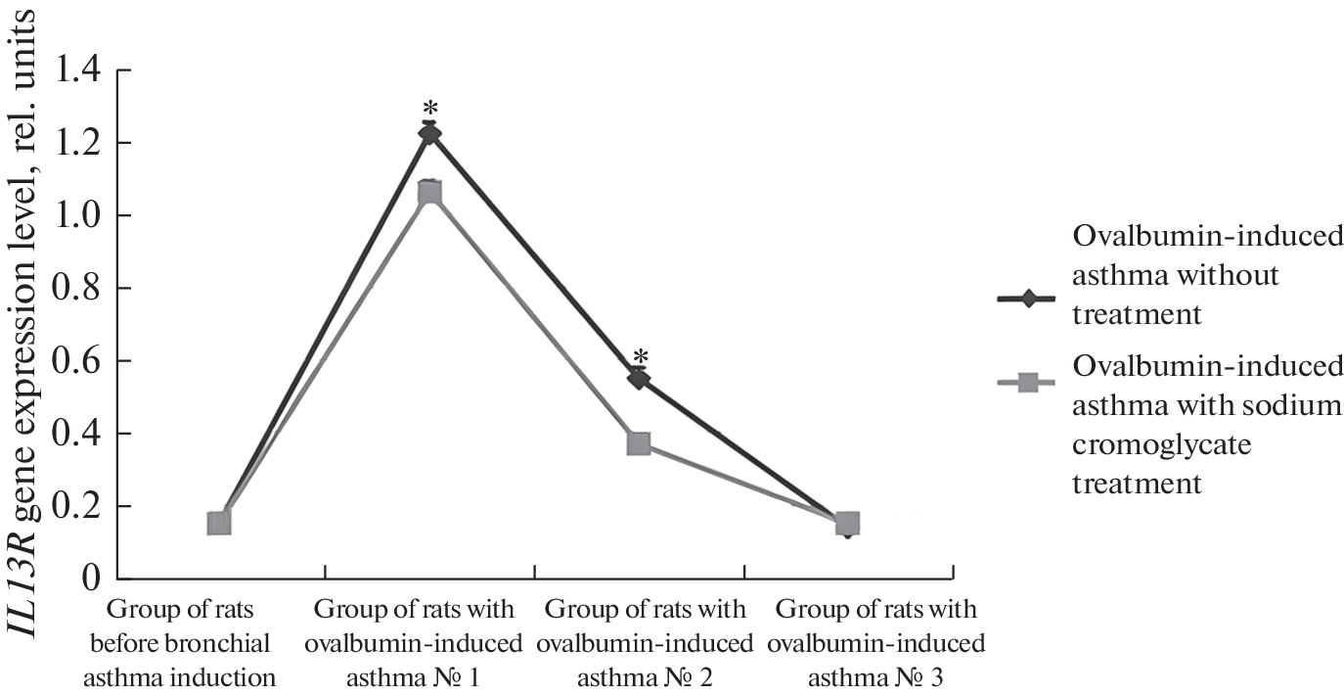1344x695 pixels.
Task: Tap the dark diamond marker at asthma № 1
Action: click(x=429, y=133)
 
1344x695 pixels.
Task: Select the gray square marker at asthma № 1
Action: click(x=429, y=193)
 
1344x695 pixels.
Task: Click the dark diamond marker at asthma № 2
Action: click(x=639, y=378)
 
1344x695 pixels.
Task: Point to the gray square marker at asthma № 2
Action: click(x=639, y=444)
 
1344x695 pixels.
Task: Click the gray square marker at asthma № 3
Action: click(x=848, y=523)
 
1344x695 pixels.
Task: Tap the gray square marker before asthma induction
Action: click(x=220, y=523)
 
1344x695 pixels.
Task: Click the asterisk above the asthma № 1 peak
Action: click(x=429, y=109)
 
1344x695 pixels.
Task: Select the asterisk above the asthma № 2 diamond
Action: click(x=641, y=356)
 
